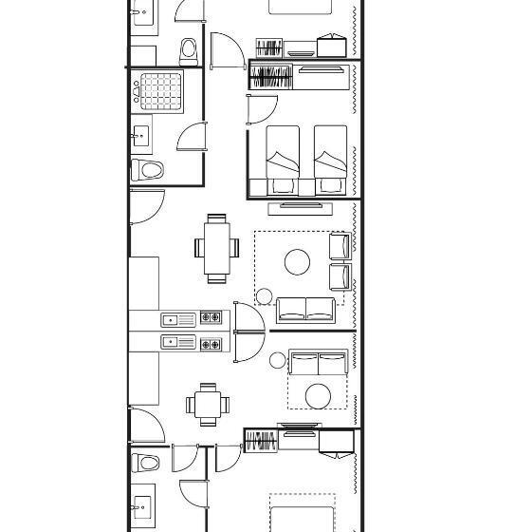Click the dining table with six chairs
pos(217,248)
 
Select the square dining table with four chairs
pos(208,404)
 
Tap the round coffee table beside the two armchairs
pos(298,262)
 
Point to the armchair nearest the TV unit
pos(340,245)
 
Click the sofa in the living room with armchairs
pos(304,310)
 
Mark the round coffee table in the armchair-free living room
pos(318,394)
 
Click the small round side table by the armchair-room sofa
pos(264,296)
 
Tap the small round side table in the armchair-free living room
pos(277,360)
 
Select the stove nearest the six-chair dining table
pos(211,319)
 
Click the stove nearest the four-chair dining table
pos(211,343)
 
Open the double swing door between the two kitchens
pos(248,332)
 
